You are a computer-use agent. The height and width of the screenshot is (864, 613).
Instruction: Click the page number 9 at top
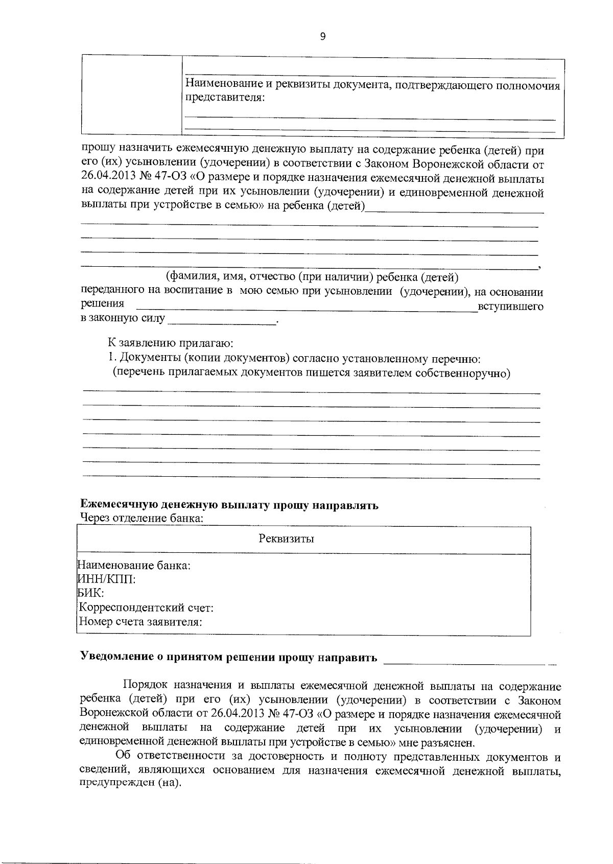click(322, 36)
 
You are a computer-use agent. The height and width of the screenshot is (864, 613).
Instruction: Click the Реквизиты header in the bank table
click(286, 539)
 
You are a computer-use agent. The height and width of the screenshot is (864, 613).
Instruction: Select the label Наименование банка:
click(133, 566)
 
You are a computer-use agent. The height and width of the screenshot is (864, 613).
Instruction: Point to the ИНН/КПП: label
click(106, 579)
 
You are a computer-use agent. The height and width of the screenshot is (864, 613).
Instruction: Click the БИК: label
click(90, 593)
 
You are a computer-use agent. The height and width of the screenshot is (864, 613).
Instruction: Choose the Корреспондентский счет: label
click(145, 608)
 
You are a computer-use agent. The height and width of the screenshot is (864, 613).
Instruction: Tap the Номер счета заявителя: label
click(139, 622)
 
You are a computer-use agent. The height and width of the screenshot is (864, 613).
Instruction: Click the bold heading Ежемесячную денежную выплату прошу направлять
click(230, 506)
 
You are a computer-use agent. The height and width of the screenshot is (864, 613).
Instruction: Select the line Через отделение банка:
click(143, 519)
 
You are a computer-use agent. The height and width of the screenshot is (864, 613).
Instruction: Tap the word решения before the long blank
click(102, 303)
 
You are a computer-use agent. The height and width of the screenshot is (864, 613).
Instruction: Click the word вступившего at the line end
click(510, 307)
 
